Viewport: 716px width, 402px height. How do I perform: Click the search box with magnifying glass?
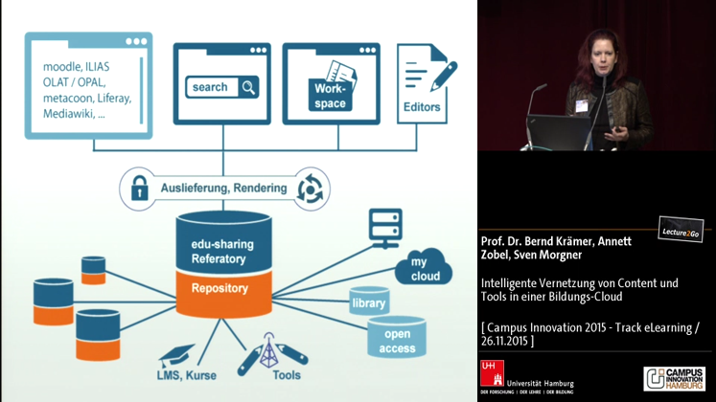(x=222, y=87)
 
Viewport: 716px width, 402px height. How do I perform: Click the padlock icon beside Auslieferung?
(x=140, y=185)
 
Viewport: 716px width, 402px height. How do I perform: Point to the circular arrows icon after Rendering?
(x=312, y=185)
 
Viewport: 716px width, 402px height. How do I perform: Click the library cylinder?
(x=369, y=302)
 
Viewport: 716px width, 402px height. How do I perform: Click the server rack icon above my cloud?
(x=384, y=227)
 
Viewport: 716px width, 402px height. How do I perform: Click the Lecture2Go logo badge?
(x=681, y=230)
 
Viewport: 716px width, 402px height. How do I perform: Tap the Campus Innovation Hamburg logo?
(x=677, y=378)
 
